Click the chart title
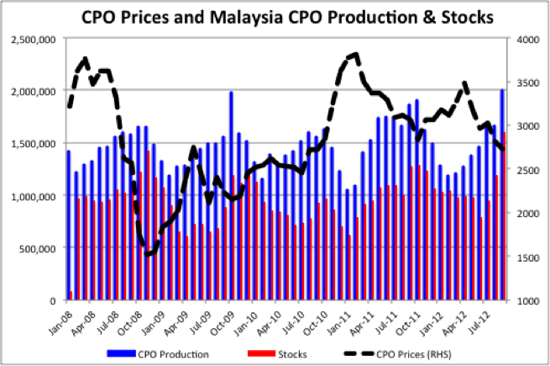coord(275,16)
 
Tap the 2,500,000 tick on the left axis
coord(34,39)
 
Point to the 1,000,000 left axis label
coord(34,196)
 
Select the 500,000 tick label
coord(39,248)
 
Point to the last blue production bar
coord(502,195)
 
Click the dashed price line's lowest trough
coord(149,254)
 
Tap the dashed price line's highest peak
coord(356,55)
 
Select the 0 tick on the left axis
coord(51,300)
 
